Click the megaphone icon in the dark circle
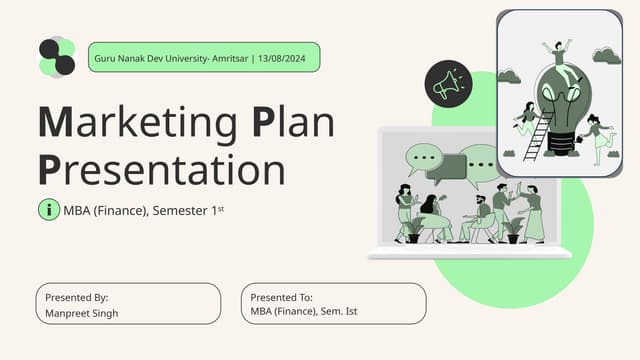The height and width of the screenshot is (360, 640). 447,83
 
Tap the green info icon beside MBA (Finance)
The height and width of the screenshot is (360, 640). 48,210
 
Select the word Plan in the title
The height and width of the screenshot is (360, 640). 293,123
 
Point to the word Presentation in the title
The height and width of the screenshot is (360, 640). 161,168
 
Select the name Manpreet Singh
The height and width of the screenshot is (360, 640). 82,313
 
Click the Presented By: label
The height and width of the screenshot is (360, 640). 77,297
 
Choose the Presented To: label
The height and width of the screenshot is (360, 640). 282,297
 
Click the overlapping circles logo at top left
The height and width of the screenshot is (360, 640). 57,57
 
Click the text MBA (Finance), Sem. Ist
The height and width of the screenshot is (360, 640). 304,312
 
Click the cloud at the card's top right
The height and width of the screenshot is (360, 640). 606,55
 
